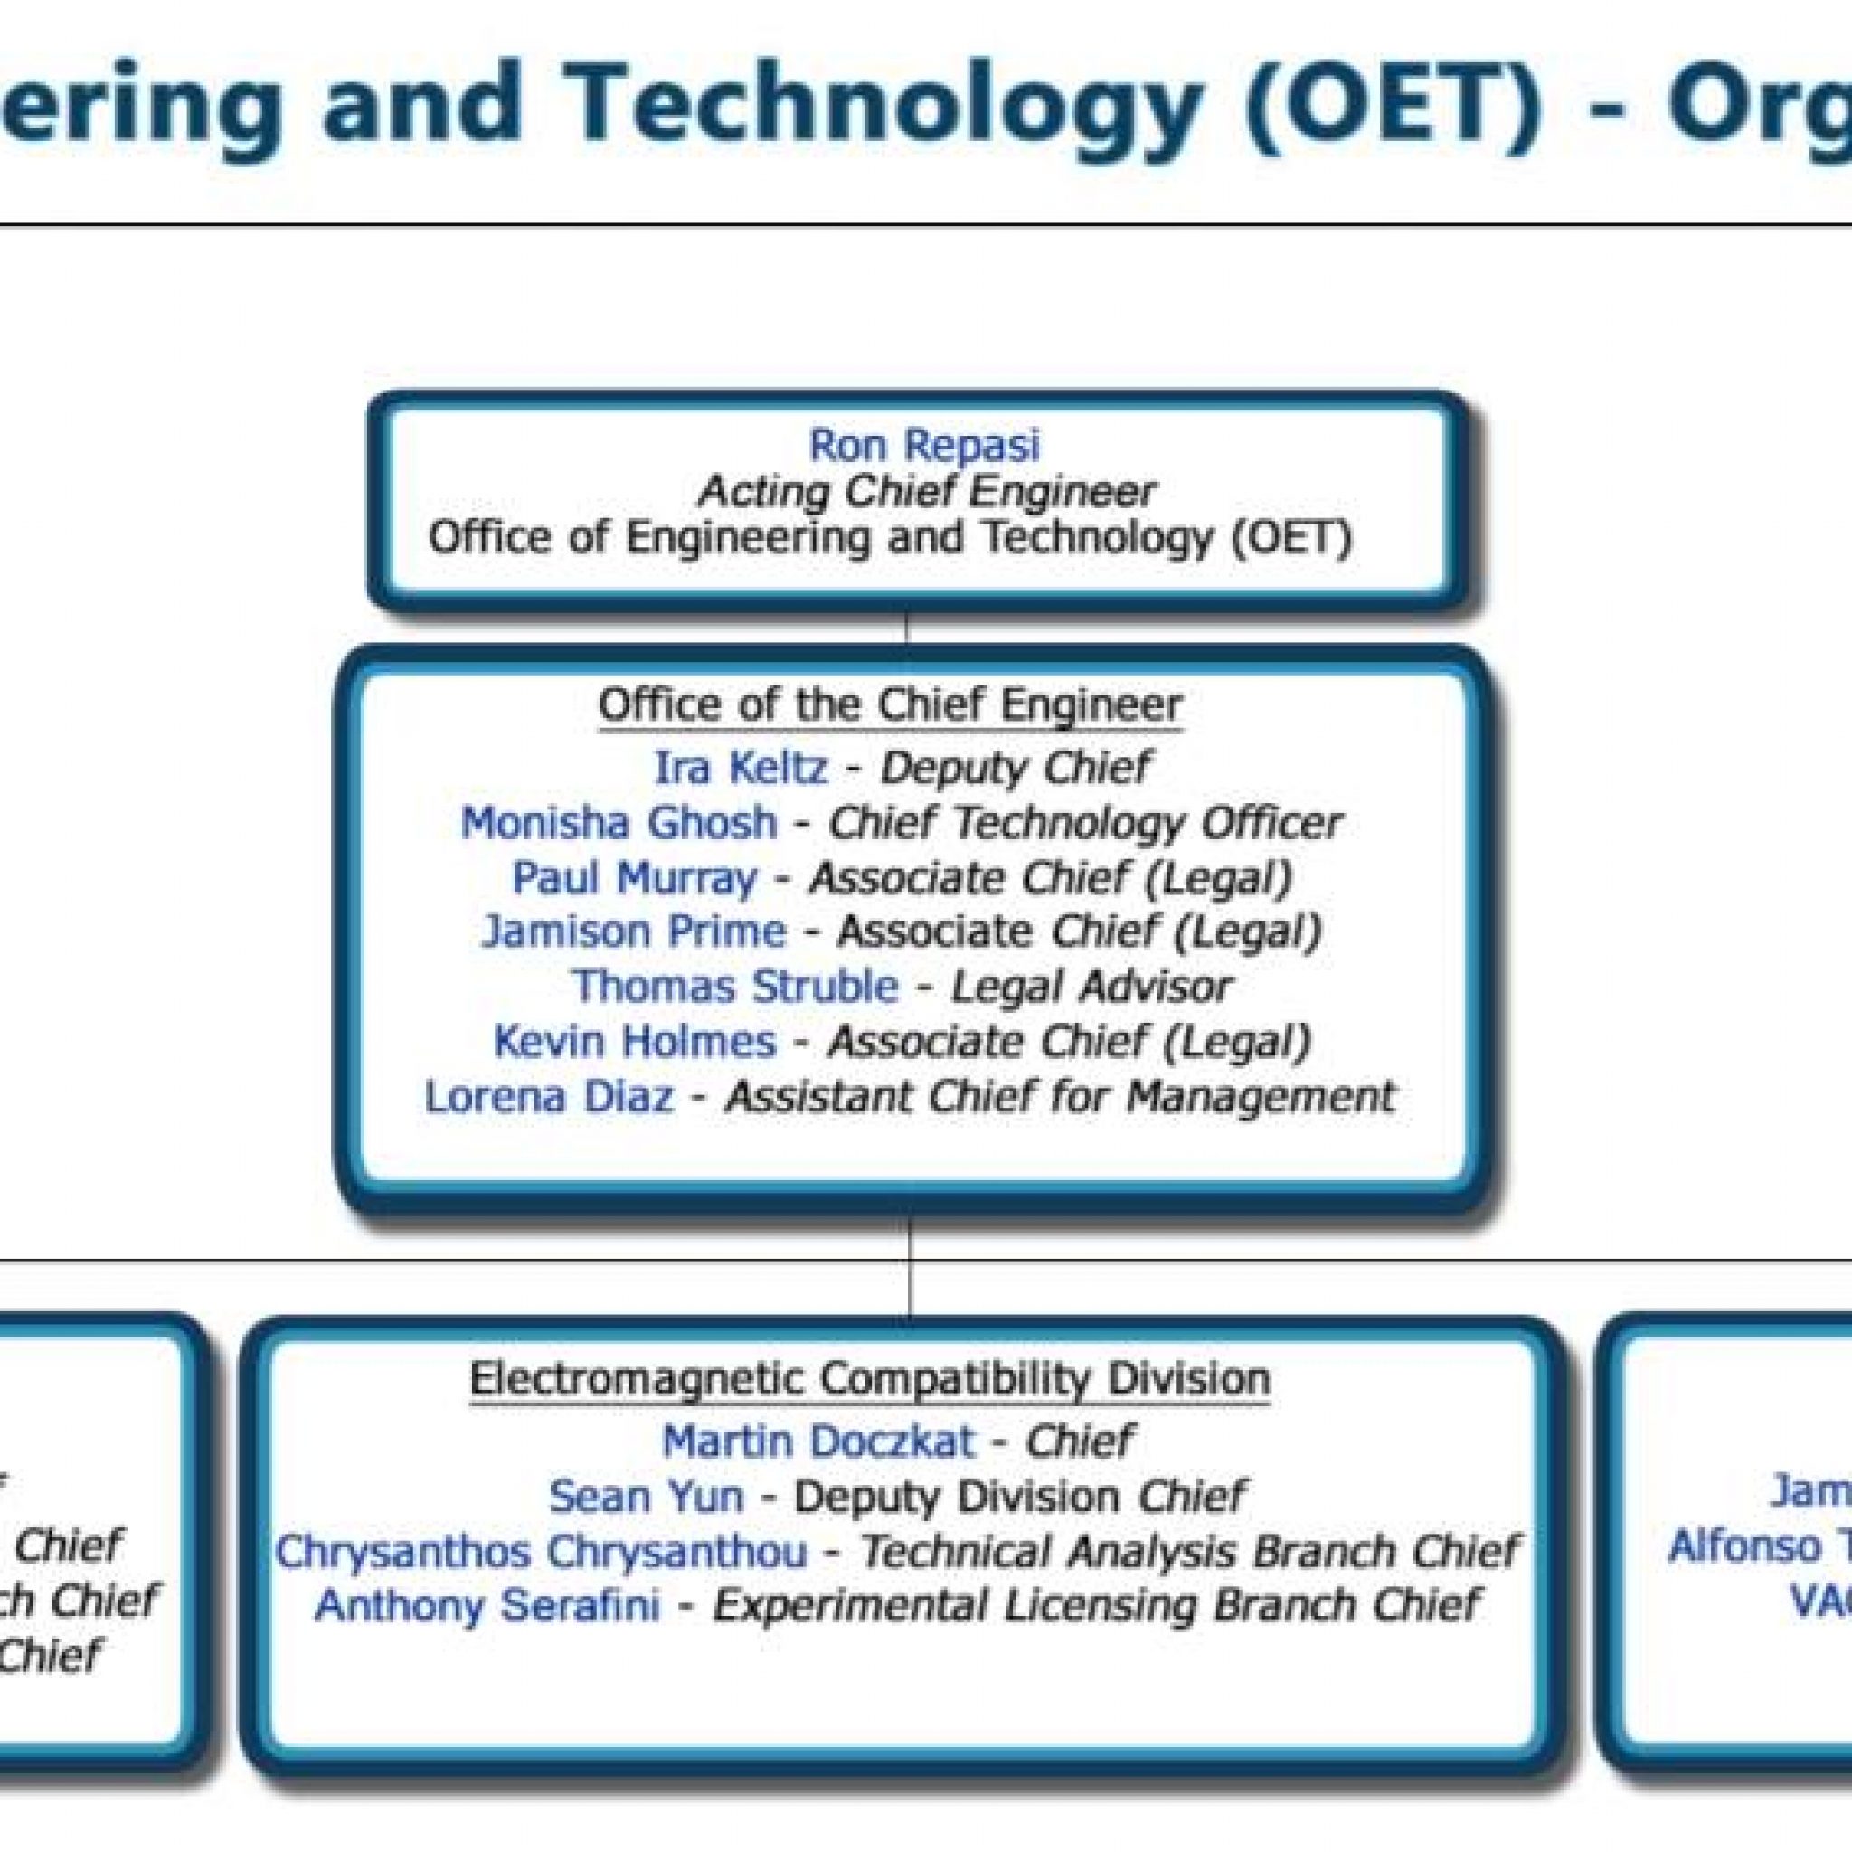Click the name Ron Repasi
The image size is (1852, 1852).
click(x=924, y=445)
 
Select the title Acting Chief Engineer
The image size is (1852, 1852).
click(x=926, y=492)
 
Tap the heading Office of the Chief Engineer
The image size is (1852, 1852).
click(x=890, y=705)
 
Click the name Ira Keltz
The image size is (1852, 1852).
click(x=739, y=768)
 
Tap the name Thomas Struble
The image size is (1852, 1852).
click(x=735, y=987)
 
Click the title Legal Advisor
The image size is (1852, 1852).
click(x=1090, y=987)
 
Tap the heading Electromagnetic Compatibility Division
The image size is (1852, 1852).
click(x=869, y=1379)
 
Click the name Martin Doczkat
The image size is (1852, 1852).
click(x=817, y=1441)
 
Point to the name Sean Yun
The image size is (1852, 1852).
click(x=645, y=1496)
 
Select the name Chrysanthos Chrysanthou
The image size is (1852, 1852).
click(x=541, y=1551)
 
